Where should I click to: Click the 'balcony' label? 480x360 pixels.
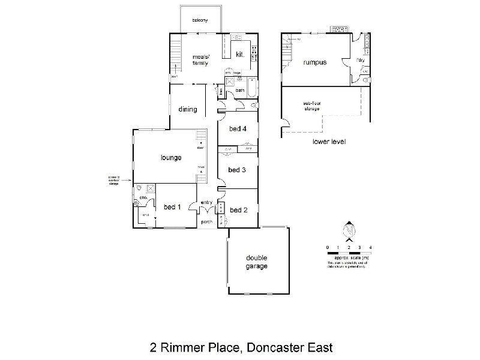(x=200, y=20)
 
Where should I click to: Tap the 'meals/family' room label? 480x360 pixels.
(x=200, y=59)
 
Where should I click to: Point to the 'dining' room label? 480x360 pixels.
(x=188, y=109)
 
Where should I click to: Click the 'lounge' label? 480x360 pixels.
(x=171, y=158)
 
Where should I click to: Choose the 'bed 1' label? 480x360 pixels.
(x=172, y=207)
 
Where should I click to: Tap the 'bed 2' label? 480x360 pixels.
(x=238, y=210)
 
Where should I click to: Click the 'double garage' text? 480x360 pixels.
(x=256, y=262)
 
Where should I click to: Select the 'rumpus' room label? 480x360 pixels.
(x=314, y=62)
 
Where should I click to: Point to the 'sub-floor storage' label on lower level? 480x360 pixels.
(x=311, y=106)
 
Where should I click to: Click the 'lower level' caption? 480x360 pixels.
(x=329, y=142)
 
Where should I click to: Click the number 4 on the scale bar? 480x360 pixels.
(x=371, y=247)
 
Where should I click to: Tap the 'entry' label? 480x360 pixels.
(x=206, y=202)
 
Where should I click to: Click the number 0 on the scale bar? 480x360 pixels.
(x=328, y=247)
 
